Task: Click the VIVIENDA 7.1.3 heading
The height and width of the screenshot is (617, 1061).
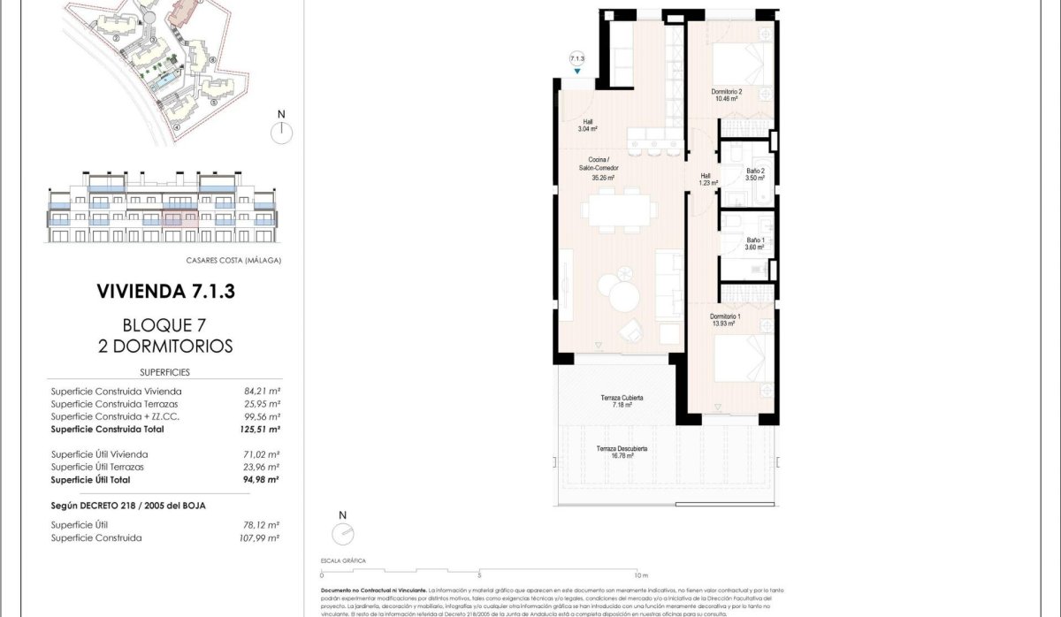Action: (165, 290)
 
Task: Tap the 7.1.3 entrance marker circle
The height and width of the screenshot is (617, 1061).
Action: (577, 57)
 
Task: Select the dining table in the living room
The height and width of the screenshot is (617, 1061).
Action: (620, 210)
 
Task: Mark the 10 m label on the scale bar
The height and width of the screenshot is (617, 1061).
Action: (640, 575)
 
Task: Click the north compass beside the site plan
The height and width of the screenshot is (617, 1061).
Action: (281, 132)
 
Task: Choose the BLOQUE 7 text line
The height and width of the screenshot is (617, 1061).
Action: (165, 324)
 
